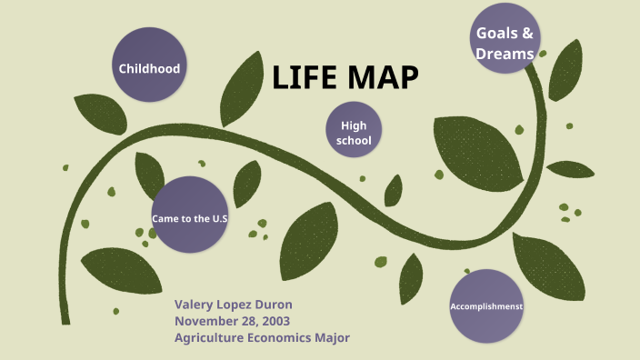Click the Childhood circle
149,68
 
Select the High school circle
353,133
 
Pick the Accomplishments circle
487,306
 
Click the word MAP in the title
382,79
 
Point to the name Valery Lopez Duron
233,305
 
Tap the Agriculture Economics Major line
262,337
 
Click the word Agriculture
209,337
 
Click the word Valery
194,305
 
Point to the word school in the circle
353,141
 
